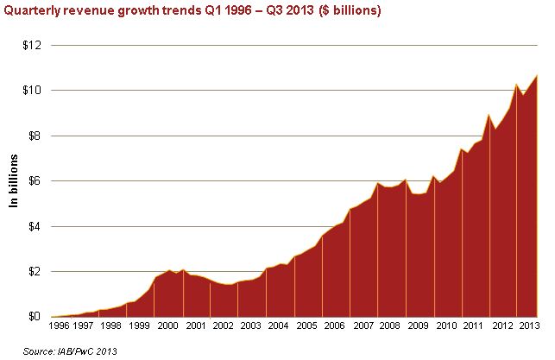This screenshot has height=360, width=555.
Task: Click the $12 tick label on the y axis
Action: point(31,45)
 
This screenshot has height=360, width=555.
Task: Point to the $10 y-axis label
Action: point(31,91)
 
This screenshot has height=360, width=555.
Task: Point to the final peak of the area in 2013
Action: point(538,75)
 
